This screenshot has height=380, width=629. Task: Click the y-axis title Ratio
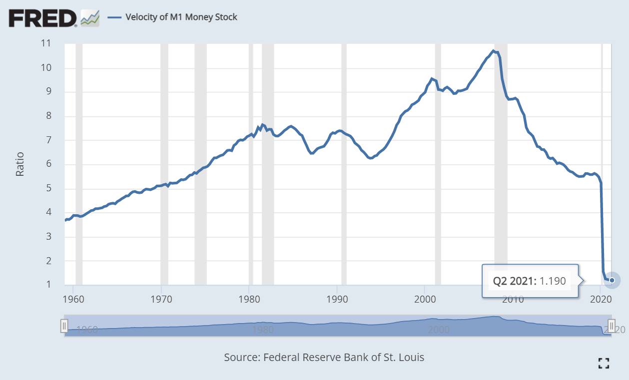point(20,164)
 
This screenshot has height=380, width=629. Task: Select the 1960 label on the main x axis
point(73,300)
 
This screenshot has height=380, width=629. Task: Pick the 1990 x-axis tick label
point(337,300)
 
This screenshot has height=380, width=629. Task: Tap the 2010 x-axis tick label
point(513,300)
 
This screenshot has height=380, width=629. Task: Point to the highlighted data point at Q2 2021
point(613,280)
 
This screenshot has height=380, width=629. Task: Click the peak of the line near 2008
point(493,50)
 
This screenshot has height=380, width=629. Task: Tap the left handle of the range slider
point(64,326)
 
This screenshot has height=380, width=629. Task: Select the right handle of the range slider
point(611,326)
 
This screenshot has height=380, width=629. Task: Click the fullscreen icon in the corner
point(604,364)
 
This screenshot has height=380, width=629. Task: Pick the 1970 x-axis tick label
point(161,300)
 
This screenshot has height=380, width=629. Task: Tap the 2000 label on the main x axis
point(425,300)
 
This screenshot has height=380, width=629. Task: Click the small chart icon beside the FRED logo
point(90,19)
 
